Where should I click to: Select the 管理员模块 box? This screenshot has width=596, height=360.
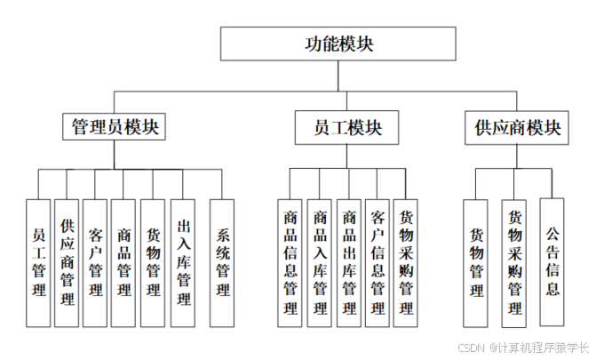click(115, 127)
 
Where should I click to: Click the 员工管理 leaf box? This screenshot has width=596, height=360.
click(39, 262)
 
